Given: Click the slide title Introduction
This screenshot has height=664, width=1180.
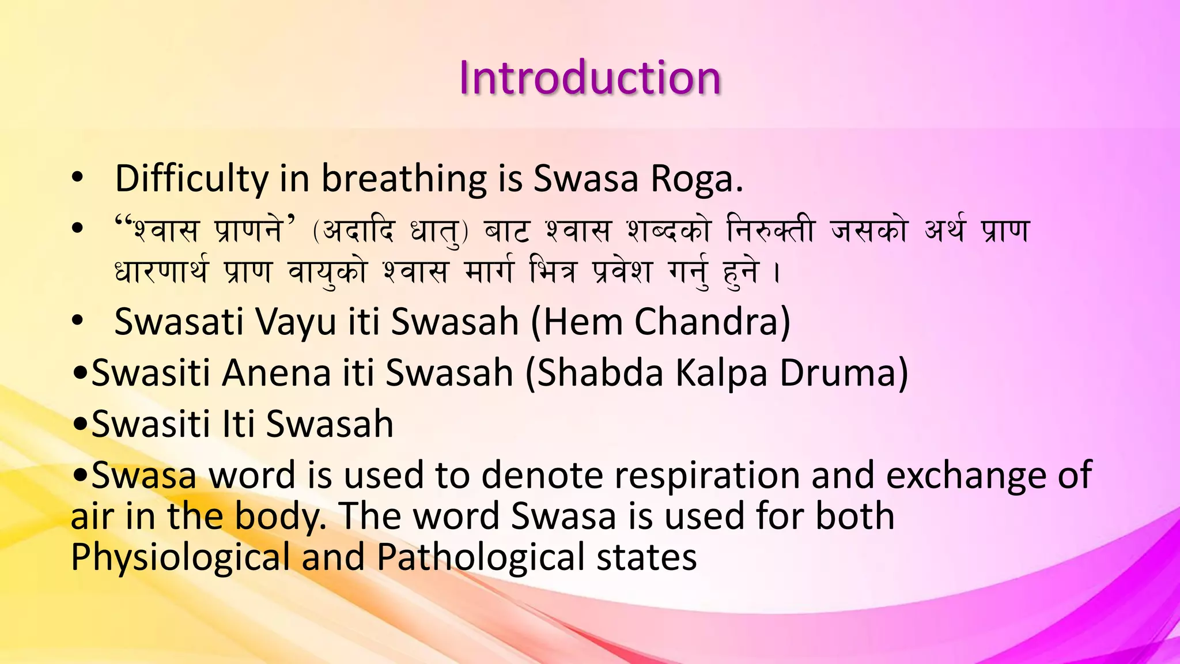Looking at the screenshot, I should pyautogui.click(x=589, y=78).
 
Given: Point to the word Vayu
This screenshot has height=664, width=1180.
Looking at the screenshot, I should pyautogui.click(x=296, y=322).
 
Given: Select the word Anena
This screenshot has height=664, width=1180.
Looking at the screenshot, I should pyautogui.click(x=277, y=373).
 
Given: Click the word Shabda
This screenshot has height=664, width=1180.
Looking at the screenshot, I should pyautogui.click(x=594, y=373).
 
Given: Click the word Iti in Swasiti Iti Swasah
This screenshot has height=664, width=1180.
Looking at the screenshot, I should pyautogui.click(x=239, y=424).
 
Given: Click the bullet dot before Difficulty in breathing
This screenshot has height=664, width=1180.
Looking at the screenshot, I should pyautogui.click(x=78, y=179).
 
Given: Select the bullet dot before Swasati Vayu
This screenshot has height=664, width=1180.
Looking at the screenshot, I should pyautogui.click(x=78, y=322).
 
